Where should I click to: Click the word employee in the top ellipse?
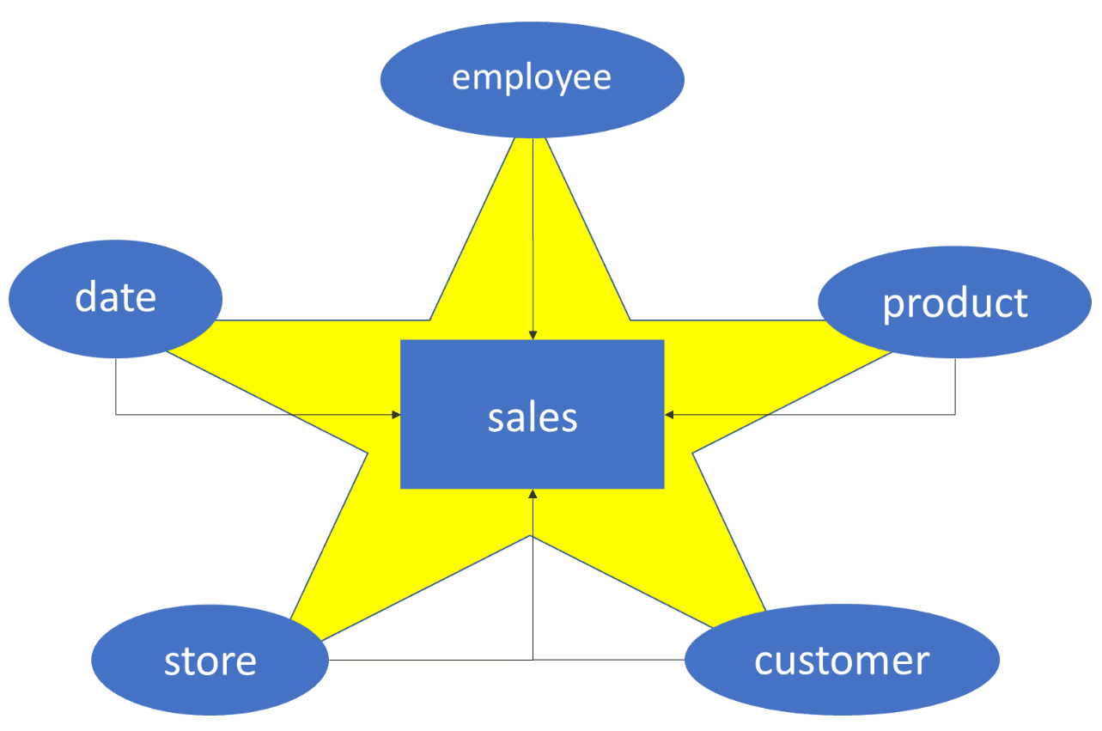pyautogui.click(x=532, y=78)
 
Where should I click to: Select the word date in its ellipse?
pyautogui.click(x=116, y=298)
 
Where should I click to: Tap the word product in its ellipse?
pyautogui.click(x=955, y=303)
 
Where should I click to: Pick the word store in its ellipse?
pyautogui.click(x=210, y=661)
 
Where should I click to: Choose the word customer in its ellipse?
pyautogui.click(x=842, y=661)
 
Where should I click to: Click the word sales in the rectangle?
pyautogui.click(x=533, y=417)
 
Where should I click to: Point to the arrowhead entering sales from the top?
pyautogui.click(x=533, y=334)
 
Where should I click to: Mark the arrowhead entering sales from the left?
pyautogui.click(x=396, y=415)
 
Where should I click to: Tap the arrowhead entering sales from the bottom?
pyautogui.click(x=533, y=495)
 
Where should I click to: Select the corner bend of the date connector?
pyautogui.click(x=116, y=415)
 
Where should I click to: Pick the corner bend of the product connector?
pyautogui.click(x=955, y=415)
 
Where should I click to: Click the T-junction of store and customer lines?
pyautogui.click(x=533, y=660)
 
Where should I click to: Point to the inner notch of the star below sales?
pyautogui.click(x=533, y=536)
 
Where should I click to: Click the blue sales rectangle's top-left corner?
pyautogui.click(x=402, y=341)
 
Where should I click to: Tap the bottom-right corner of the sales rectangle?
pyautogui.click(x=663, y=487)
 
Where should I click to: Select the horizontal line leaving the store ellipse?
pyautogui.click(x=429, y=660)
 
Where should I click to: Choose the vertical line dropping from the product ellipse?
pyautogui.click(x=955, y=387)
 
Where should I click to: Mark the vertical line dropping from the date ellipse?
pyautogui.click(x=116, y=387)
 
